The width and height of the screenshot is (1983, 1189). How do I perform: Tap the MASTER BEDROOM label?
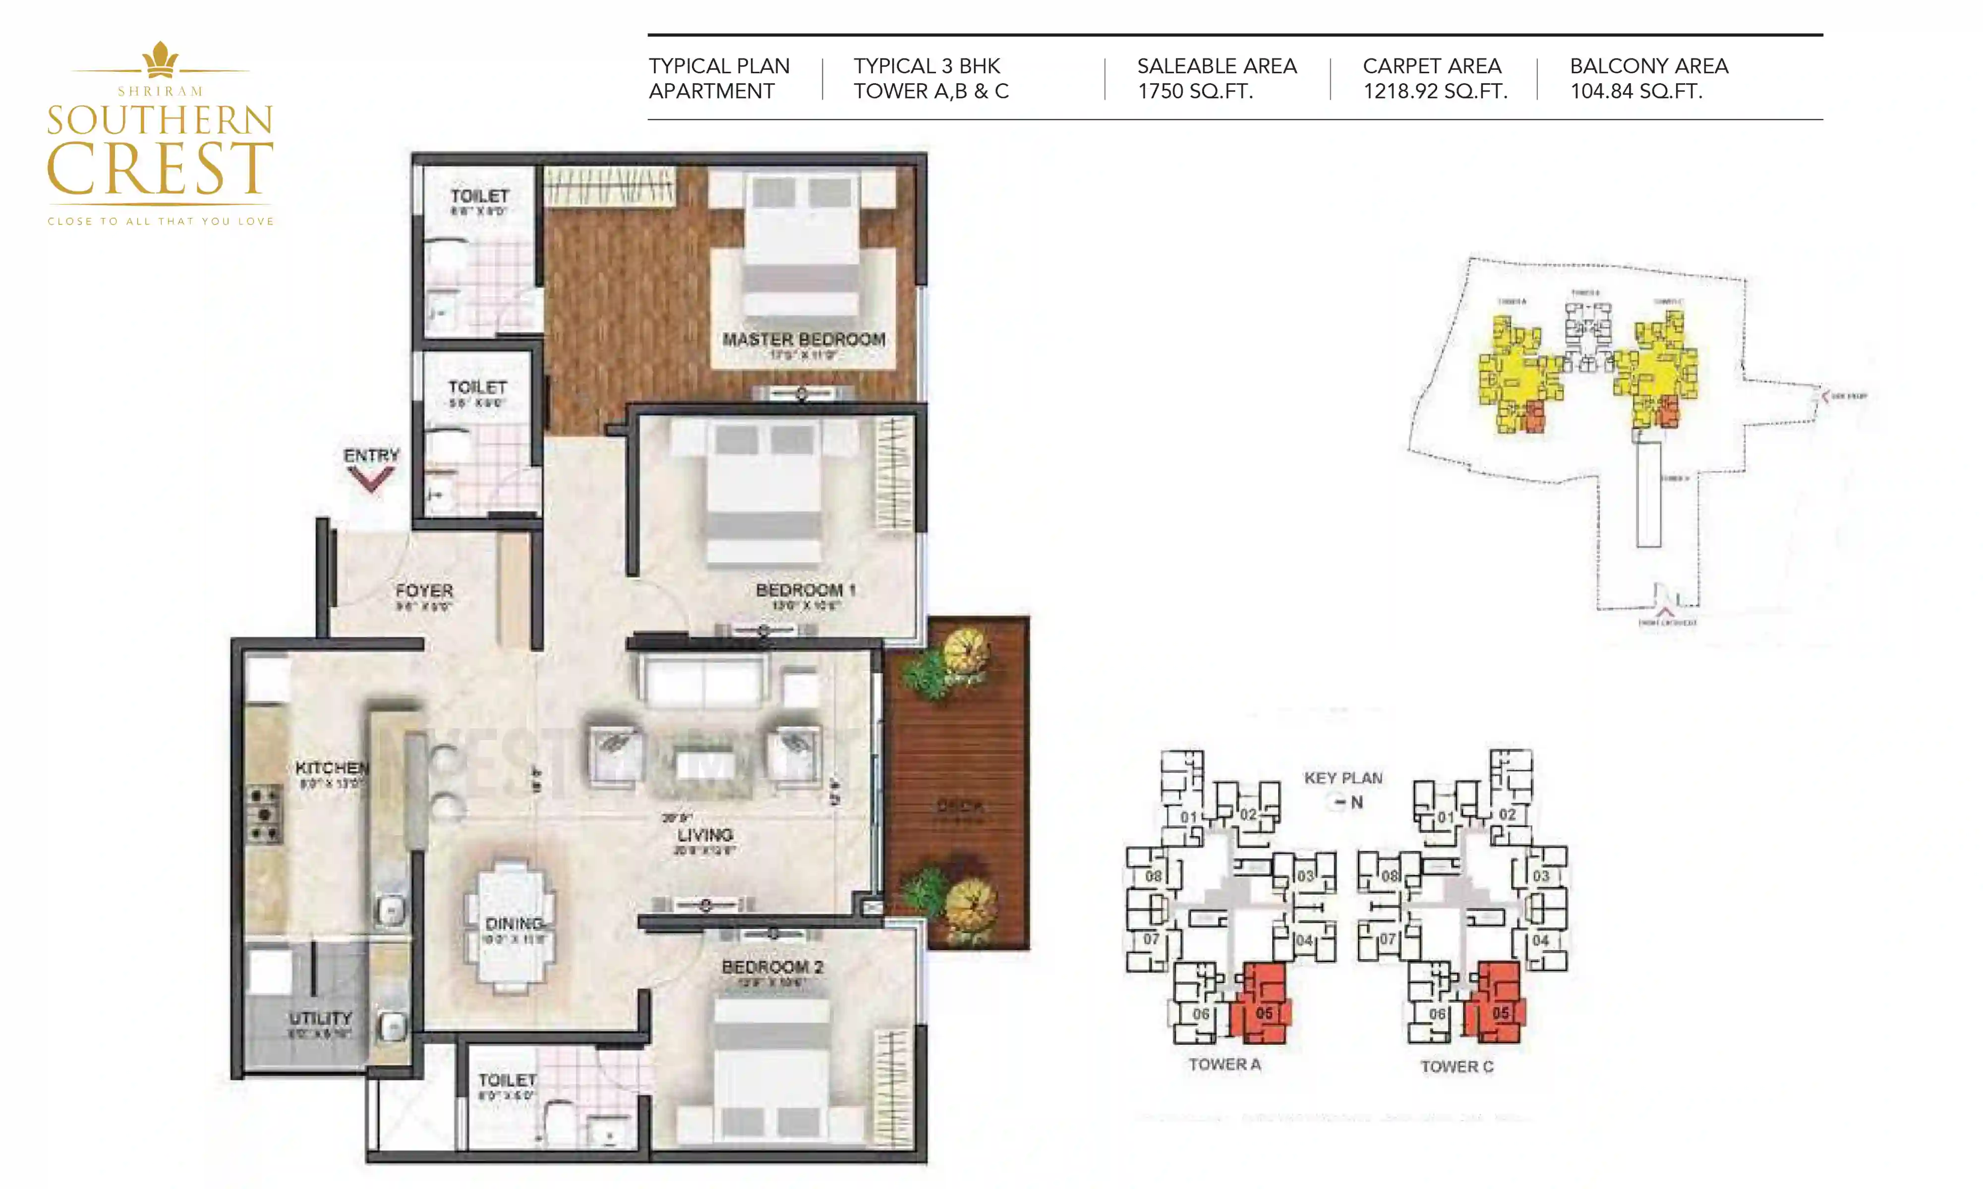click(803, 340)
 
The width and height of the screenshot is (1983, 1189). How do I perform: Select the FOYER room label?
click(424, 592)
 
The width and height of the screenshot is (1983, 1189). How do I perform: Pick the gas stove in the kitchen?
click(264, 815)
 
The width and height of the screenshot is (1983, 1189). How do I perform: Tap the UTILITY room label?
click(320, 1019)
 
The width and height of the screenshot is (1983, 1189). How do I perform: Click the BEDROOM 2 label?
click(772, 967)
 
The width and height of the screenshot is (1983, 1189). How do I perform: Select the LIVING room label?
click(704, 835)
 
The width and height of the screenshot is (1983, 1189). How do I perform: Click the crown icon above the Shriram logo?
click(160, 59)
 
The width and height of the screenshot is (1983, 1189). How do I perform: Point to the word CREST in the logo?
click(160, 168)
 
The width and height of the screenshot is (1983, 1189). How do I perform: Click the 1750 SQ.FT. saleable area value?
click(1194, 91)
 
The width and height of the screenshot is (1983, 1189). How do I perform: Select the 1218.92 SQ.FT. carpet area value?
click(1435, 91)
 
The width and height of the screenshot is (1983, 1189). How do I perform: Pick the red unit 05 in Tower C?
click(1496, 1006)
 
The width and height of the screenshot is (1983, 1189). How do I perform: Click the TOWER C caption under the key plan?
click(1457, 1067)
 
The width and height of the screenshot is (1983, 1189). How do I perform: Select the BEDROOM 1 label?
click(805, 591)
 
